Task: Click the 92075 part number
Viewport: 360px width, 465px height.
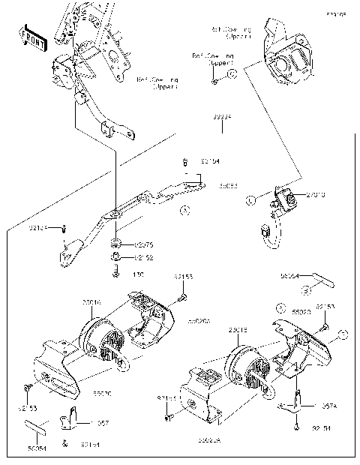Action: click(143, 244)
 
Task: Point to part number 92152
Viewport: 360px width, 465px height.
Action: click(143, 257)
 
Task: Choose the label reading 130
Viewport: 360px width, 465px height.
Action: click(138, 275)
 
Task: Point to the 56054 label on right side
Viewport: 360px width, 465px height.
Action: click(289, 276)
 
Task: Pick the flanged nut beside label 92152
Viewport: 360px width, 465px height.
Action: click(116, 257)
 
